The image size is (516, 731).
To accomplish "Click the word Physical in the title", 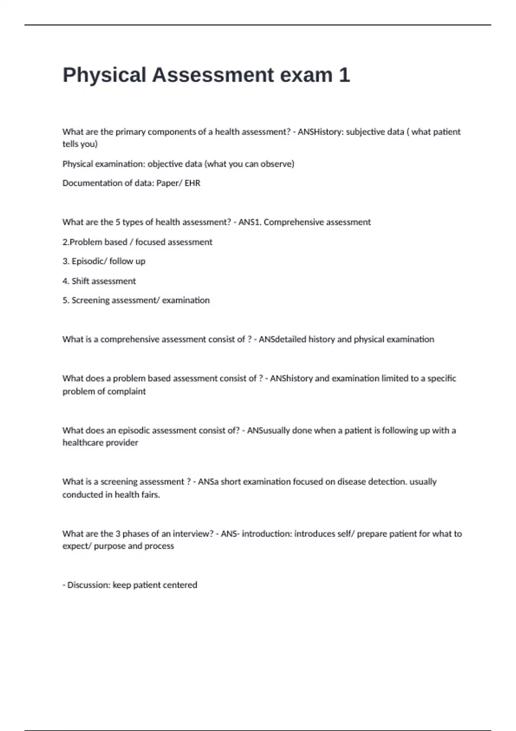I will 104,75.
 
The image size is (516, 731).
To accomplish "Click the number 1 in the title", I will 344,75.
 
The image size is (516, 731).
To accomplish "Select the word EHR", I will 193,183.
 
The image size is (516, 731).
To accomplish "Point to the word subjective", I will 365,132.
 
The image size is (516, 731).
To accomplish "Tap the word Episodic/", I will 89,261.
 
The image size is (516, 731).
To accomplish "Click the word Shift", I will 80,281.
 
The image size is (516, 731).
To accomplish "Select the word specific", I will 442,378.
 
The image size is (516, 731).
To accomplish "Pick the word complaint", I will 129,391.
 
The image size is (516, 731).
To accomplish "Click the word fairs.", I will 150,495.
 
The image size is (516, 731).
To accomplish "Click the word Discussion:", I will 89,585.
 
